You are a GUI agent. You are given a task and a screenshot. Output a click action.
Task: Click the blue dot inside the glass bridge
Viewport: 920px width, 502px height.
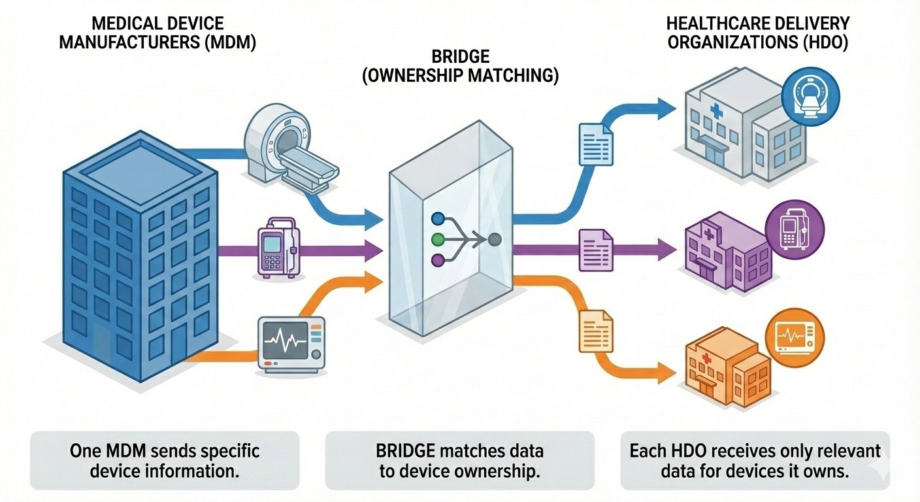438,219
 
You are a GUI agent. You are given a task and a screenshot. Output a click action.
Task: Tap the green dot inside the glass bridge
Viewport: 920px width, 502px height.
438,239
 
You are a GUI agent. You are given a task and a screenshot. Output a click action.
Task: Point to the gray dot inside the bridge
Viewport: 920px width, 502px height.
495,240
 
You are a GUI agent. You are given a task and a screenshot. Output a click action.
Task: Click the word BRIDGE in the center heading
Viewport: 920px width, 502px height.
460,56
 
